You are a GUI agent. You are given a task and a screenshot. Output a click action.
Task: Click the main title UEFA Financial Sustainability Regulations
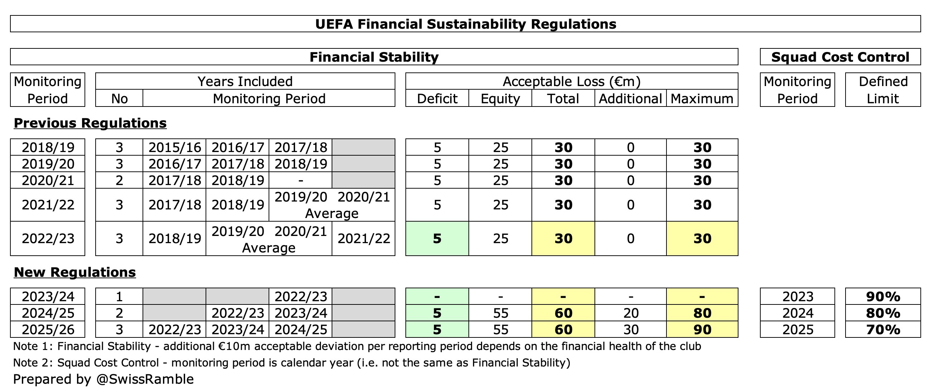coord(465,24)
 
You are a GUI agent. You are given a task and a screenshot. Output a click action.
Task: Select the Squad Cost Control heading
coord(840,57)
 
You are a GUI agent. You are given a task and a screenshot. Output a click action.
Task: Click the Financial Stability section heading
coord(374,57)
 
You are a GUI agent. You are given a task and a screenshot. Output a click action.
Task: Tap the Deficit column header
coord(437,99)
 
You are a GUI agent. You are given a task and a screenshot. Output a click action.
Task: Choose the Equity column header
coord(500,99)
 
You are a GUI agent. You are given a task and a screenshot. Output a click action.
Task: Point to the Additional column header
coord(630,99)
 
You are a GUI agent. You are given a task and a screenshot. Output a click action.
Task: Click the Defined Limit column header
coord(882,90)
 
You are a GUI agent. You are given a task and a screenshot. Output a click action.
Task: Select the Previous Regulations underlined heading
coord(90,123)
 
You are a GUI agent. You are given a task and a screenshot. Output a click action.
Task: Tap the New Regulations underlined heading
coord(75,272)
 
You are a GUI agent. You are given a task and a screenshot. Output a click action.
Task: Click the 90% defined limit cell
coord(882,297)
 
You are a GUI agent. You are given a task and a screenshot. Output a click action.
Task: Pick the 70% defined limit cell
coord(882,330)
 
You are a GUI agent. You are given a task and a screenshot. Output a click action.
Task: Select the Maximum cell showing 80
coord(702,313)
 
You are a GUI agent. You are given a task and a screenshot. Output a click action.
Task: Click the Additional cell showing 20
coord(631,313)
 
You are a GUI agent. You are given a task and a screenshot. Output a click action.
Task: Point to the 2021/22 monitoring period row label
coord(48,205)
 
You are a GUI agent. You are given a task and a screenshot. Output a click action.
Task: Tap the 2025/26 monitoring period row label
coord(48,330)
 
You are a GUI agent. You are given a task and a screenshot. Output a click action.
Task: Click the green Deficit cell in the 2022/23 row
coord(437,238)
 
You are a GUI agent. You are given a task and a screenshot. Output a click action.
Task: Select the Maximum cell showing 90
coord(702,330)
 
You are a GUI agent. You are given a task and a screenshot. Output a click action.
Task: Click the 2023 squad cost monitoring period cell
coord(797,297)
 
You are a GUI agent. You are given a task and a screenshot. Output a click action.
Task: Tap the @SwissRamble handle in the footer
coord(145,379)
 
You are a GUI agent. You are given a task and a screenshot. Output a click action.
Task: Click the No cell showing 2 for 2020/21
coord(119,180)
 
